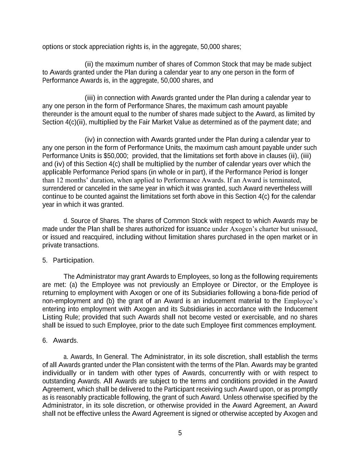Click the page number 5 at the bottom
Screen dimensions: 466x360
point(180,433)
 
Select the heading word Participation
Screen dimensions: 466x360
point(73,260)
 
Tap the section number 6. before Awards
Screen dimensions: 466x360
point(45,341)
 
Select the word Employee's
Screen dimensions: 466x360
point(301,301)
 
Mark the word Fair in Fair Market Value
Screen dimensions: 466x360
point(145,122)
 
